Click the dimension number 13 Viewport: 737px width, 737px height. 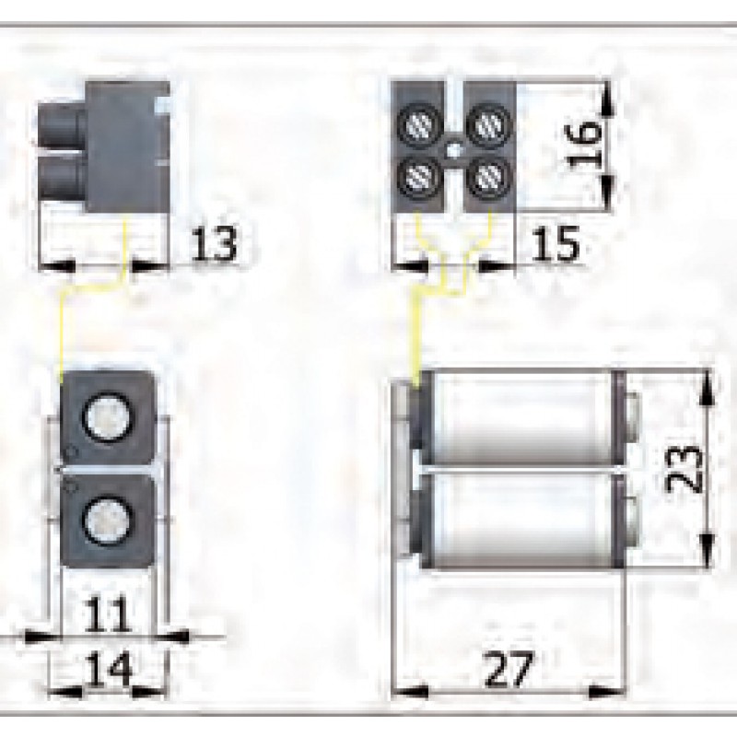click(x=214, y=244)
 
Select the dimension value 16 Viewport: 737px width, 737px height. click(x=586, y=143)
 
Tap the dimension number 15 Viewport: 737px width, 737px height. click(x=556, y=244)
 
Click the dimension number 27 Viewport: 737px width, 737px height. click(x=509, y=666)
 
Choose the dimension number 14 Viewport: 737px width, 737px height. click(x=108, y=666)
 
